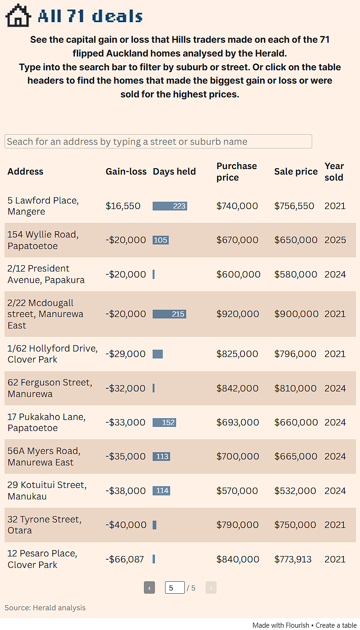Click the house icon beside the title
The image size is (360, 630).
point(18,16)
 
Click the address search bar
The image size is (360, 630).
point(158,141)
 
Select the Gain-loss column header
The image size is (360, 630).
point(126,171)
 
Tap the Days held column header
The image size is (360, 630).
point(174,171)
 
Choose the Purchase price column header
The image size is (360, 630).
point(236,171)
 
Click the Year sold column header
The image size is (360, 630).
point(334,171)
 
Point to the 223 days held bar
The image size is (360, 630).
point(170,206)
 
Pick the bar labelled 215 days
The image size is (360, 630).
point(169,314)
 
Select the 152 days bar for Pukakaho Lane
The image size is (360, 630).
point(165,422)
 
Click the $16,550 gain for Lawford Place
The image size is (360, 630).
point(123,206)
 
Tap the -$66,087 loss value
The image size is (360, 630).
point(125,559)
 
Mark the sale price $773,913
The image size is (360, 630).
point(293,559)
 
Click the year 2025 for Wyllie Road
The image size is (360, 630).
point(335,240)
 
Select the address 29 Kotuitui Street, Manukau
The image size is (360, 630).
point(47,490)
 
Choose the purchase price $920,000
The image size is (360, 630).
point(238,314)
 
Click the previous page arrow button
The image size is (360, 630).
point(149,588)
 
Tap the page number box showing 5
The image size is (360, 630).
point(175,588)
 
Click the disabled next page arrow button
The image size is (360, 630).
point(211,588)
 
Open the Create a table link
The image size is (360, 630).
point(336,625)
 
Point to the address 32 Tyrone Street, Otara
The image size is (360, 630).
point(45,525)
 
